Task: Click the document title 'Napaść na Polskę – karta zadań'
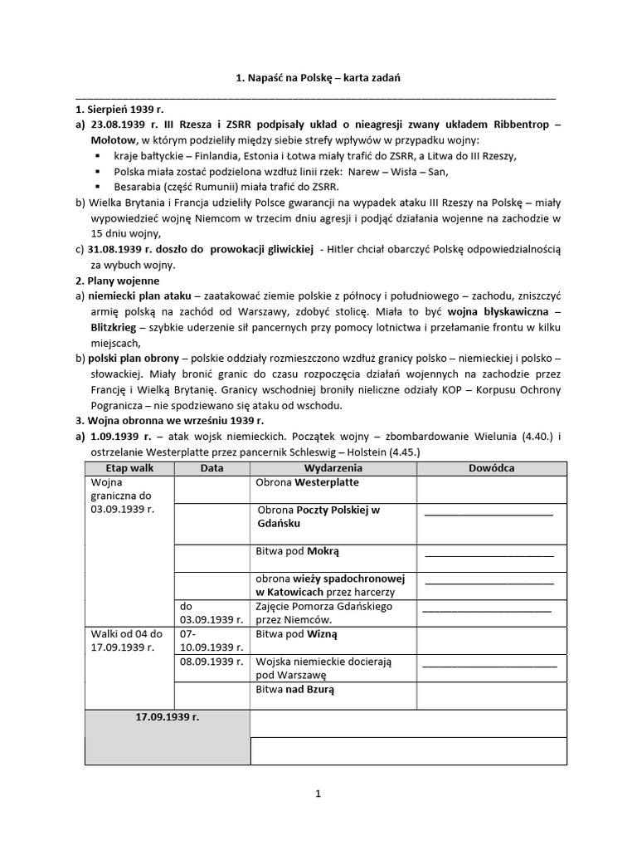pos(318,78)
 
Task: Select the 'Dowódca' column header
pos(491,468)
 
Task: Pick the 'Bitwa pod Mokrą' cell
pos(298,550)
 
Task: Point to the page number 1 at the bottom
pos(318,794)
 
